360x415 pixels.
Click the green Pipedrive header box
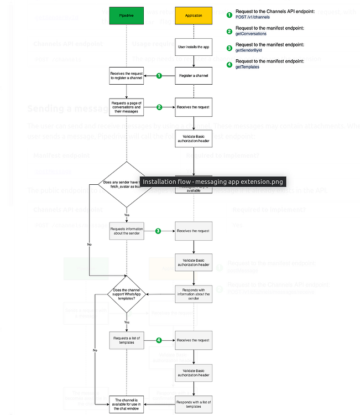(x=127, y=15)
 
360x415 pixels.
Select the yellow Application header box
(x=193, y=15)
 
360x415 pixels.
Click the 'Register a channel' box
(x=193, y=75)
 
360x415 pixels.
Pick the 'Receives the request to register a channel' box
(x=127, y=75)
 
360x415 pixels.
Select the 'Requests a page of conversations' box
(x=127, y=107)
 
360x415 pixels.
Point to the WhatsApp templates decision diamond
(x=127, y=294)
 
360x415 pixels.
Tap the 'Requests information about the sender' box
(x=127, y=231)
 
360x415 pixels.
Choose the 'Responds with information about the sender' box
(x=193, y=294)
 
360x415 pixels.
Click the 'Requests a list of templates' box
(x=127, y=340)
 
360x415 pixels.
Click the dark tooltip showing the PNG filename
(x=212, y=181)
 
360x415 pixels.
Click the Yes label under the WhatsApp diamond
(x=127, y=321)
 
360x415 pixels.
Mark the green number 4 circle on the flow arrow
(x=159, y=340)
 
